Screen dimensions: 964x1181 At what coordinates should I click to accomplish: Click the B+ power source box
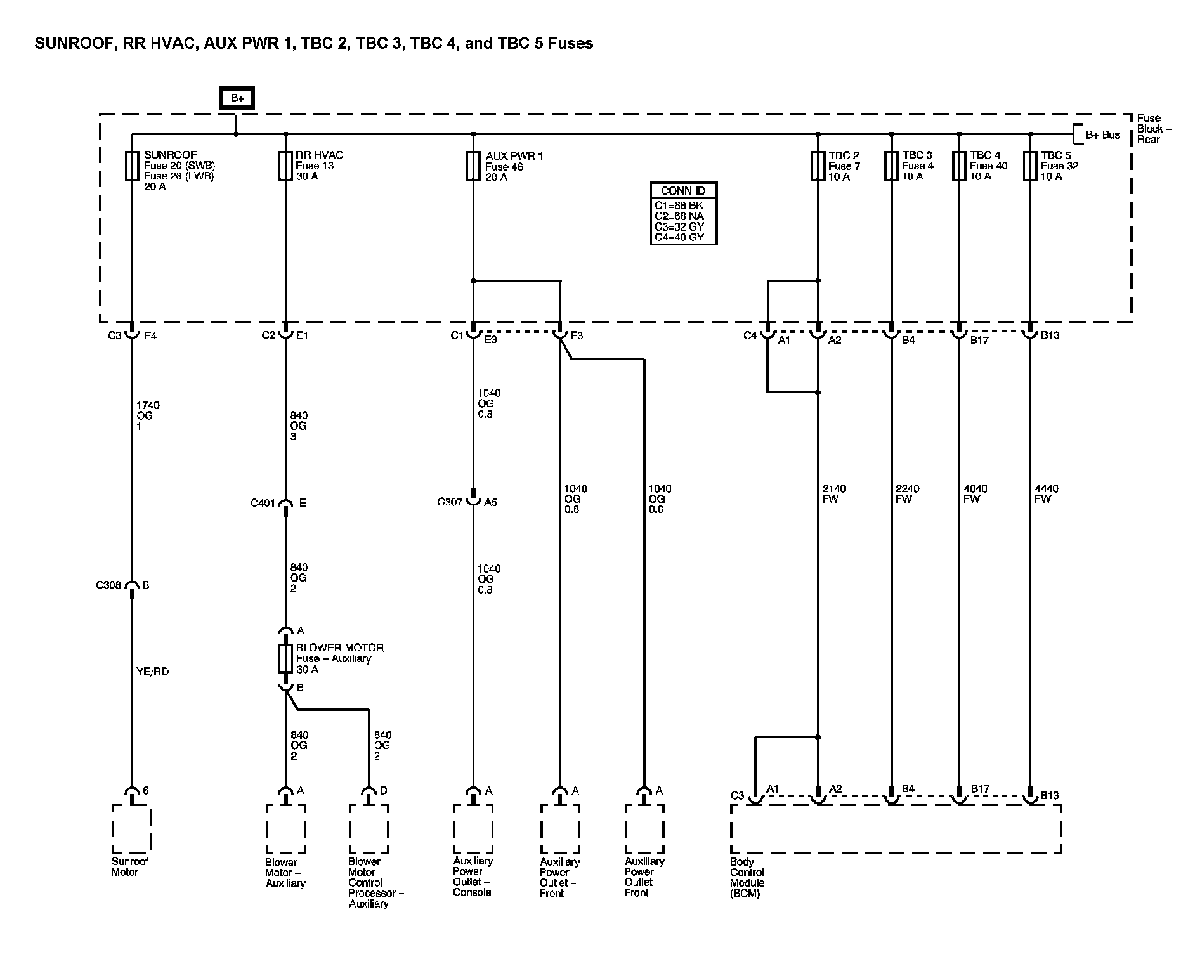[237, 98]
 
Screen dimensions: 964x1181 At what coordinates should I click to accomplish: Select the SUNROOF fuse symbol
[132, 166]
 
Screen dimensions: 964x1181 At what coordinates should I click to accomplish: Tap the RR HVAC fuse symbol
[285, 166]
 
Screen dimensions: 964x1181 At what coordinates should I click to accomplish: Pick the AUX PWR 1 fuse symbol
[473, 166]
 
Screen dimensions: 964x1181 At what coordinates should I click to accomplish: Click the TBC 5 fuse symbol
[1030, 166]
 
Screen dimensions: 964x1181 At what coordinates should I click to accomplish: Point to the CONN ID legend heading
[683, 191]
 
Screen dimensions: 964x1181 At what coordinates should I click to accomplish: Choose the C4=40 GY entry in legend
[679, 238]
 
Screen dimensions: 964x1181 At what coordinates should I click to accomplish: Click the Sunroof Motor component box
[132, 829]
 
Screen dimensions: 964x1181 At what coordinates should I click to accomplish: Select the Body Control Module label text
[747, 878]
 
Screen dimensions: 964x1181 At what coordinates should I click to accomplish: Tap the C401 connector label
[263, 504]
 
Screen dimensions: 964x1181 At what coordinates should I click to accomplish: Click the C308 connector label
[108, 585]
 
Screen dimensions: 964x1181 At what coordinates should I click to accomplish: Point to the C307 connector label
[450, 502]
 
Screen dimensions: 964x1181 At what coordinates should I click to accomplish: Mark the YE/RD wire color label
[153, 672]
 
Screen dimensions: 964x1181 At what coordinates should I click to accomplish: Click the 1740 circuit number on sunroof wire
[148, 405]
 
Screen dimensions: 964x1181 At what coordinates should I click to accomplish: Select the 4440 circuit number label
[1046, 488]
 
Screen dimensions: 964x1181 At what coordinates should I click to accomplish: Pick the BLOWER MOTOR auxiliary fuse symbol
[285, 658]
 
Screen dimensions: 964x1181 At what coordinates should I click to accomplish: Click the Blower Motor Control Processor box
[369, 829]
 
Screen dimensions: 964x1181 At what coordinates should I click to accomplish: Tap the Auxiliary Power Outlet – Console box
[473, 829]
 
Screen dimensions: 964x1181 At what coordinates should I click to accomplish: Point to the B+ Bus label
[1103, 135]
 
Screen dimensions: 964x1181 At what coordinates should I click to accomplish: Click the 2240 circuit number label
[908, 488]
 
